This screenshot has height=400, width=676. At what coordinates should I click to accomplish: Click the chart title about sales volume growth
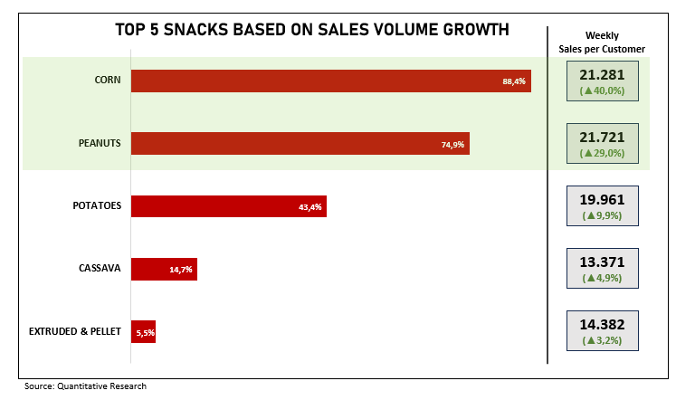311,30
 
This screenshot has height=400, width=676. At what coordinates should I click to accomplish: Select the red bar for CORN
330,81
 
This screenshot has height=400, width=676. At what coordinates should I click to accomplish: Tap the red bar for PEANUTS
300,143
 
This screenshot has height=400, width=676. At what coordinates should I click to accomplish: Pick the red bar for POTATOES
228,205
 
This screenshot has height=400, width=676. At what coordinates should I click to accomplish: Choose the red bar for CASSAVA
164,269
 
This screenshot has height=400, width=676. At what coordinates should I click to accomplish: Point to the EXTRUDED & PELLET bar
143,331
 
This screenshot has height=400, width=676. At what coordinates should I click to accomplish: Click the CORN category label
108,80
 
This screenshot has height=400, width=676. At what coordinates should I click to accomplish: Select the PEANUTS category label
100,143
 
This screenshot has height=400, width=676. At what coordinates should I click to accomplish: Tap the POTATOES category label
97,205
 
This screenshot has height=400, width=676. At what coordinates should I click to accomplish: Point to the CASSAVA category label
100,268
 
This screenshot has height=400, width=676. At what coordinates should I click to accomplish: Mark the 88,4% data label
514,81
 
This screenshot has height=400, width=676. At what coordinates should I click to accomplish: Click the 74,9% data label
452,144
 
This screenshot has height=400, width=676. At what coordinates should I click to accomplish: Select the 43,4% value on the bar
309,206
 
